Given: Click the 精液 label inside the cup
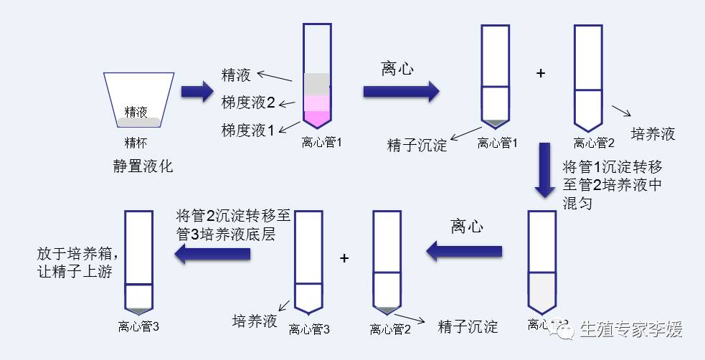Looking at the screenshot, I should point(136,112).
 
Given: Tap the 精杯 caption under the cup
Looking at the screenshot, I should point(136,141).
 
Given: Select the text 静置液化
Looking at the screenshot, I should point(143,166).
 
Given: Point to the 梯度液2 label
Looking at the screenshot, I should point(248,103).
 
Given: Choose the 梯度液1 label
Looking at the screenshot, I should point(248,130).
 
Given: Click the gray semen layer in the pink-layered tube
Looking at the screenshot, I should point(317,84).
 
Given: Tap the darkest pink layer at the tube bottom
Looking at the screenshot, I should point(317,119).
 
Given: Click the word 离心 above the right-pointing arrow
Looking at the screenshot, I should point(397,69).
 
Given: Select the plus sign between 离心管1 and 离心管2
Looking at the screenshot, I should point(541,73).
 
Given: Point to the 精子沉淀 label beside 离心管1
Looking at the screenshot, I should point(417,145).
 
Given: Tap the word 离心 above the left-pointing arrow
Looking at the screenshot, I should point(467,227).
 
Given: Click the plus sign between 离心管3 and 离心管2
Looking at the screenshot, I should point(344,258).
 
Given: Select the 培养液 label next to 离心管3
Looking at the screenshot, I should point(255,321).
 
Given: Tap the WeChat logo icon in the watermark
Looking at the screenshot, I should point(567,329).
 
